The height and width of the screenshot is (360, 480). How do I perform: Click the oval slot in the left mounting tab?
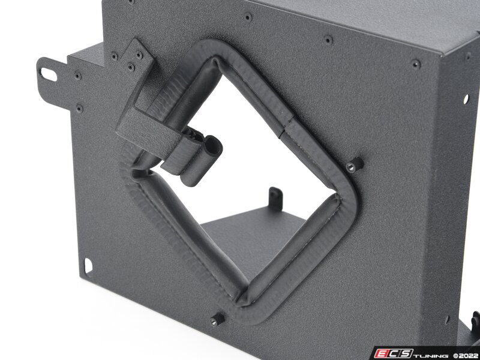point(49,74)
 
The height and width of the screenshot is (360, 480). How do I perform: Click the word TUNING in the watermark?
point(431,355)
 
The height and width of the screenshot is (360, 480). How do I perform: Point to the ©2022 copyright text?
point(466,355)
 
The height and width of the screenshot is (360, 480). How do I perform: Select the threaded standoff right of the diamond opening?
point(355,165)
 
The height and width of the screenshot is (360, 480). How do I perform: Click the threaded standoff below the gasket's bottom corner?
point(217,320)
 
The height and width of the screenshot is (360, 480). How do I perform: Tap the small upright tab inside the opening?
point(275,199)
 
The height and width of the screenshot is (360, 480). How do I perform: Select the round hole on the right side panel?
point(466,99)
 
